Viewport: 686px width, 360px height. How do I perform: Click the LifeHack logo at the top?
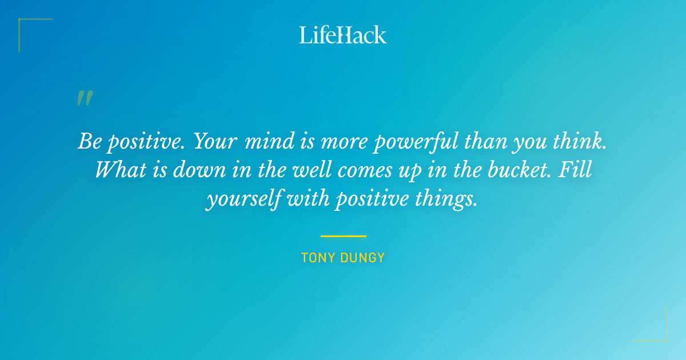(343, 35)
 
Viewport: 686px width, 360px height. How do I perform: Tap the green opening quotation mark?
(84, 98)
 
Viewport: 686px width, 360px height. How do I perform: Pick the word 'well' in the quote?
(301, 170)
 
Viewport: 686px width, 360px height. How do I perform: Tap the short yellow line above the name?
(343, 236)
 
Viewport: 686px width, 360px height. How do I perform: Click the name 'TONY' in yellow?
(317, 258)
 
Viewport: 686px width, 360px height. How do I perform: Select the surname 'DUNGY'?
(362, 258)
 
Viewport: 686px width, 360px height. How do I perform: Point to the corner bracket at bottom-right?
(657, 331)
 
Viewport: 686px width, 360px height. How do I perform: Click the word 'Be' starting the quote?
(90, 141)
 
